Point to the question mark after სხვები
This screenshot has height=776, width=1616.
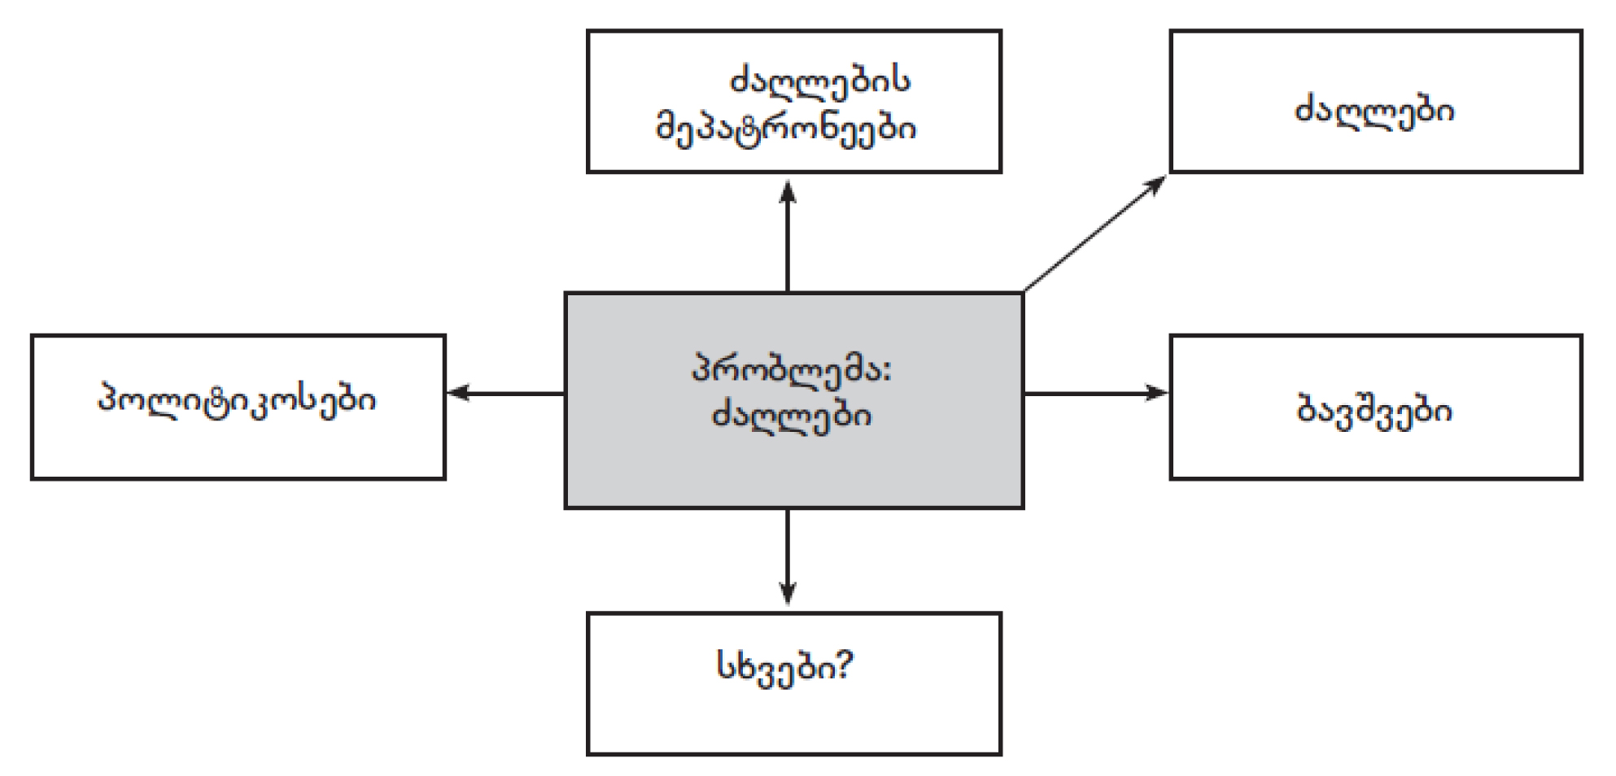click(843, 667)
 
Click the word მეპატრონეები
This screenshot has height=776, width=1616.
click(786, 129)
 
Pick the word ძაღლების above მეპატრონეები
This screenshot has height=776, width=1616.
click(820, 82)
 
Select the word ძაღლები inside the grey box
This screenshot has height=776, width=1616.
click(792, 416)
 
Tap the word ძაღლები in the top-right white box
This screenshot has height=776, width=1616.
click(1374, 110)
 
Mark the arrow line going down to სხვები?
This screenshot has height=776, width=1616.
click(787, 549)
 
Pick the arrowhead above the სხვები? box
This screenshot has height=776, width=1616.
click(787, 594)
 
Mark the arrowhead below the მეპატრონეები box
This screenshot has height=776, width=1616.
click(787, 191)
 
